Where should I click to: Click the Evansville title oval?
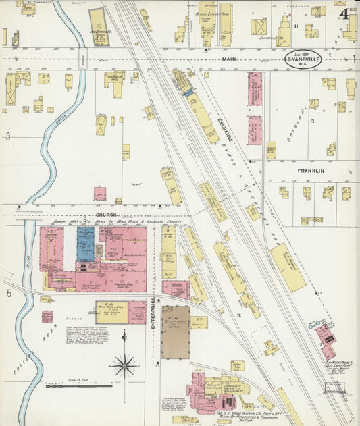303,59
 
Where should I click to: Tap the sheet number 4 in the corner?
344,13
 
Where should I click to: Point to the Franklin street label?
311,171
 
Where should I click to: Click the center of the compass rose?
124,367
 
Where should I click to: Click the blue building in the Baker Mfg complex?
85,244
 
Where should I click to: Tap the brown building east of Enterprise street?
175,332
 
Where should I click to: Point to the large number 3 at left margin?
8,137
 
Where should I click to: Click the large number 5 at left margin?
9,293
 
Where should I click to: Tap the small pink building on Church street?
100,194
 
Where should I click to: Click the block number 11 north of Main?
296,25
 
